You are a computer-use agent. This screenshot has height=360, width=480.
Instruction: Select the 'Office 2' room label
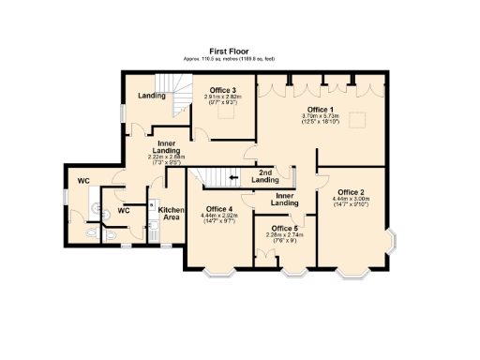[351, 192]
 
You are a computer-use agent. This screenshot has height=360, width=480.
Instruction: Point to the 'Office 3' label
[222, 90]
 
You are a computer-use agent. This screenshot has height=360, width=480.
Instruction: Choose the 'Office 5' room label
[283, 228]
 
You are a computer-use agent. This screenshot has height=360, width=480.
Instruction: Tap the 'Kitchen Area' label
[170, 214]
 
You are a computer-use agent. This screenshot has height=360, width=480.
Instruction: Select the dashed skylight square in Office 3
[226, 112]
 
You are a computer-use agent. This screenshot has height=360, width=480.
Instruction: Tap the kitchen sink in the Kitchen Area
[152, 228]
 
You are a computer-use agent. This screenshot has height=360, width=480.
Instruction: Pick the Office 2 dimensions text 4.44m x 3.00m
[351, 200]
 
